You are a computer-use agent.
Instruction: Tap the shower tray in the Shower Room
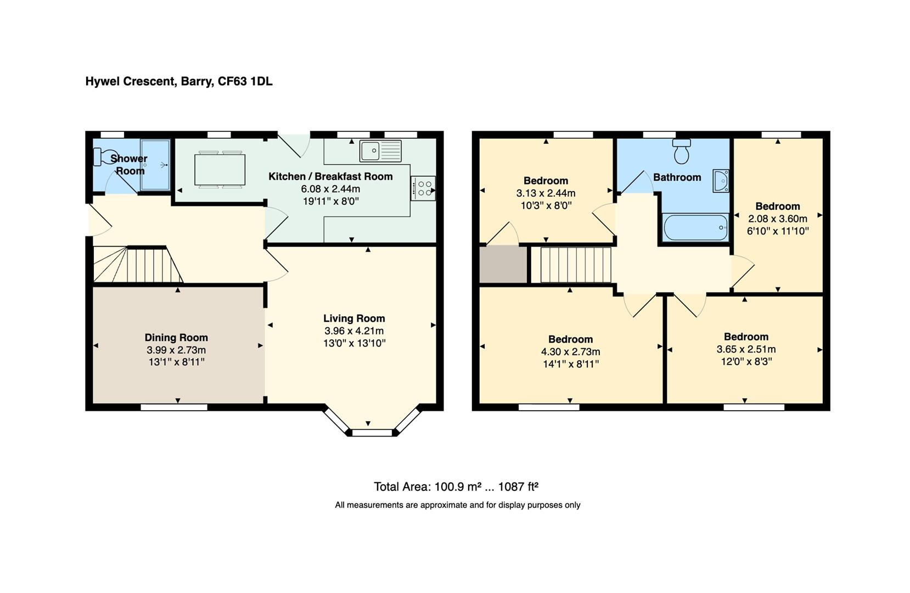click(x=155, y=164)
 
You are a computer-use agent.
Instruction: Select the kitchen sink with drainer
click(x=381, y=151)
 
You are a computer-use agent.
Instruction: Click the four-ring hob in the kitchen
click(x=423, y=188)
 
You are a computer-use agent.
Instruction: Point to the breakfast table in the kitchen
click(x=220, y=169)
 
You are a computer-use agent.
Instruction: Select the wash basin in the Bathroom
click(x=721, y=181)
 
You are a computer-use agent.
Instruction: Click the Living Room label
click(x=354, y=318)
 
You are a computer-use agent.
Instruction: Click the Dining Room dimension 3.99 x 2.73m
click(x=176, y=350)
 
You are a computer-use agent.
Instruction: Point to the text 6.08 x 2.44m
click(x=330, y=189)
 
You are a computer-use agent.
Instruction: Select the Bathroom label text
click(x=677, y=177)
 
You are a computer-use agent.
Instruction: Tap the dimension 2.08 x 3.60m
click(x=777, y=219)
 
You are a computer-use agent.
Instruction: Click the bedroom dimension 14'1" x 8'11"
click(x=570, y=364)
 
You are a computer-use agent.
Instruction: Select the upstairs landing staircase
click(x=575, y=265)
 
